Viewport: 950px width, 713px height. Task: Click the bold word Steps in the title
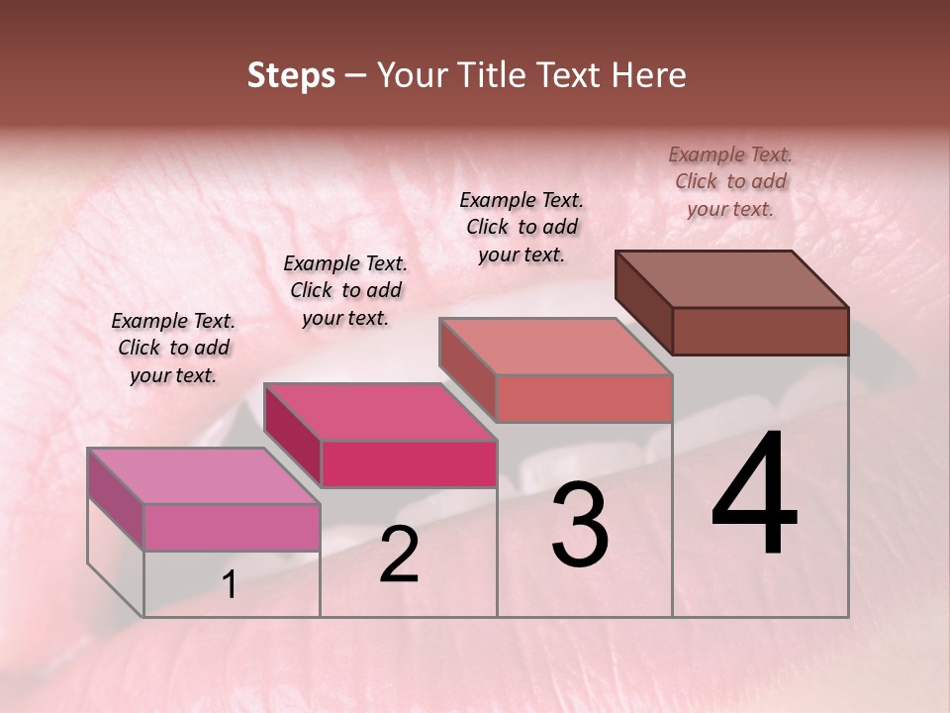pos(291,75)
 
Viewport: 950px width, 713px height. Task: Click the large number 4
pos(755,495)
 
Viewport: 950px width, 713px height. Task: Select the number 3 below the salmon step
pos(580,526)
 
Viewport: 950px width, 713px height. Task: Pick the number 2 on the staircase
pos(399,555)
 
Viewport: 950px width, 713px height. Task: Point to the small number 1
pos(230,585)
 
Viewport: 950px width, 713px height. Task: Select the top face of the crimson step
pos(380,412)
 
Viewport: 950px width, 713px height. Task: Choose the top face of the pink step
pos(204,476)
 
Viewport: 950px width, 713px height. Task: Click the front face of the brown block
pos(760,331)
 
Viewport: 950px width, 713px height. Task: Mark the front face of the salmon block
pos(584,398)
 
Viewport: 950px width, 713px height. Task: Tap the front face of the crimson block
pos(409,463)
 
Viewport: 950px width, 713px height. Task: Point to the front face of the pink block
pos(232,527)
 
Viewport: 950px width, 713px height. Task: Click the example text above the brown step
pos(730,181)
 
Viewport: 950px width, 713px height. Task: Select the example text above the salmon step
pos(522,227)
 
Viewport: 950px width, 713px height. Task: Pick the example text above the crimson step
pos(345,290)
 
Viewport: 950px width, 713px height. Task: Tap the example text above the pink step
pos(173,348)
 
